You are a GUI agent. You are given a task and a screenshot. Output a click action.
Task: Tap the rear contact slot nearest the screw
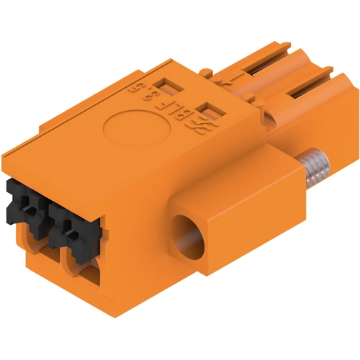click(x=310, y=89)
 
